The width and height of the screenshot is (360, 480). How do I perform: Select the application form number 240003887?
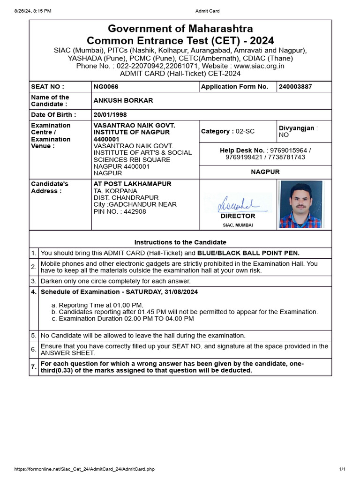click(295, 87)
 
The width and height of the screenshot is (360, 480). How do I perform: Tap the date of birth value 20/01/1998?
click(110, 115)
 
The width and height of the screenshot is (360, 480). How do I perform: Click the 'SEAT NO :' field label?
click(47, 87)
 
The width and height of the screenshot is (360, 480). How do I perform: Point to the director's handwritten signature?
click(238, 203)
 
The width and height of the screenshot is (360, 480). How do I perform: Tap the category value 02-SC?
click(244, 132)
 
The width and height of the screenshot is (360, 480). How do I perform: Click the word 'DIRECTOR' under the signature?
click(238, 216)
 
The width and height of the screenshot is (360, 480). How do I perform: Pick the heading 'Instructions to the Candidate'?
click(180, 242)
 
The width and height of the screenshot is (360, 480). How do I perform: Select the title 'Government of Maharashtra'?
click(180, 29)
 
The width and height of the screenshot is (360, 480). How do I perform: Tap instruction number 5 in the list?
click(34, 336)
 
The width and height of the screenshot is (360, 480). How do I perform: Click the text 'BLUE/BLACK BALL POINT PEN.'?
click(248, 253)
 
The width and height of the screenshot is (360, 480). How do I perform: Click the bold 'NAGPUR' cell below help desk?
click(265, 172)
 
